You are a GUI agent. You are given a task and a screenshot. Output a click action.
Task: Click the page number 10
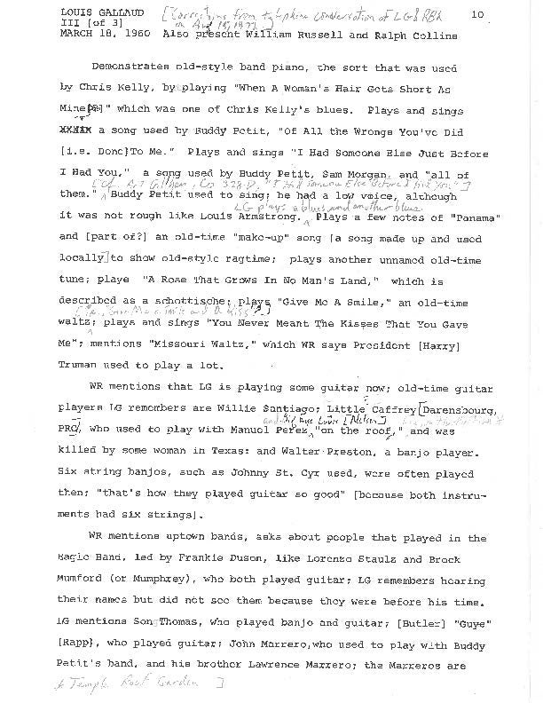tap(476, 14)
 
